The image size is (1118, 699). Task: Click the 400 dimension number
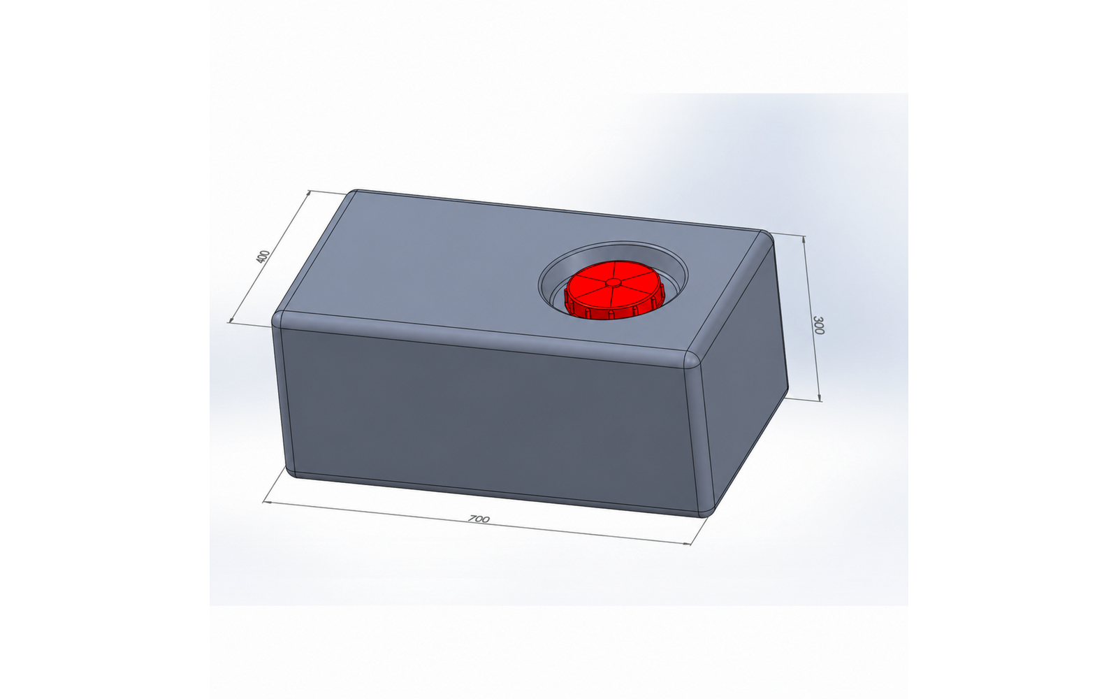[263, 257]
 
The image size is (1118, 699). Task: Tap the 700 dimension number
[479, 519]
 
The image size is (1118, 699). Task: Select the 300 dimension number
[818, 325]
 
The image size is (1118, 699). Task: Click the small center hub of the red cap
[614, 282]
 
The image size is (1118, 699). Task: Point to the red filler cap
[614, 290]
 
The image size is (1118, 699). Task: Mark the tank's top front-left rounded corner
[279, 319]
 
